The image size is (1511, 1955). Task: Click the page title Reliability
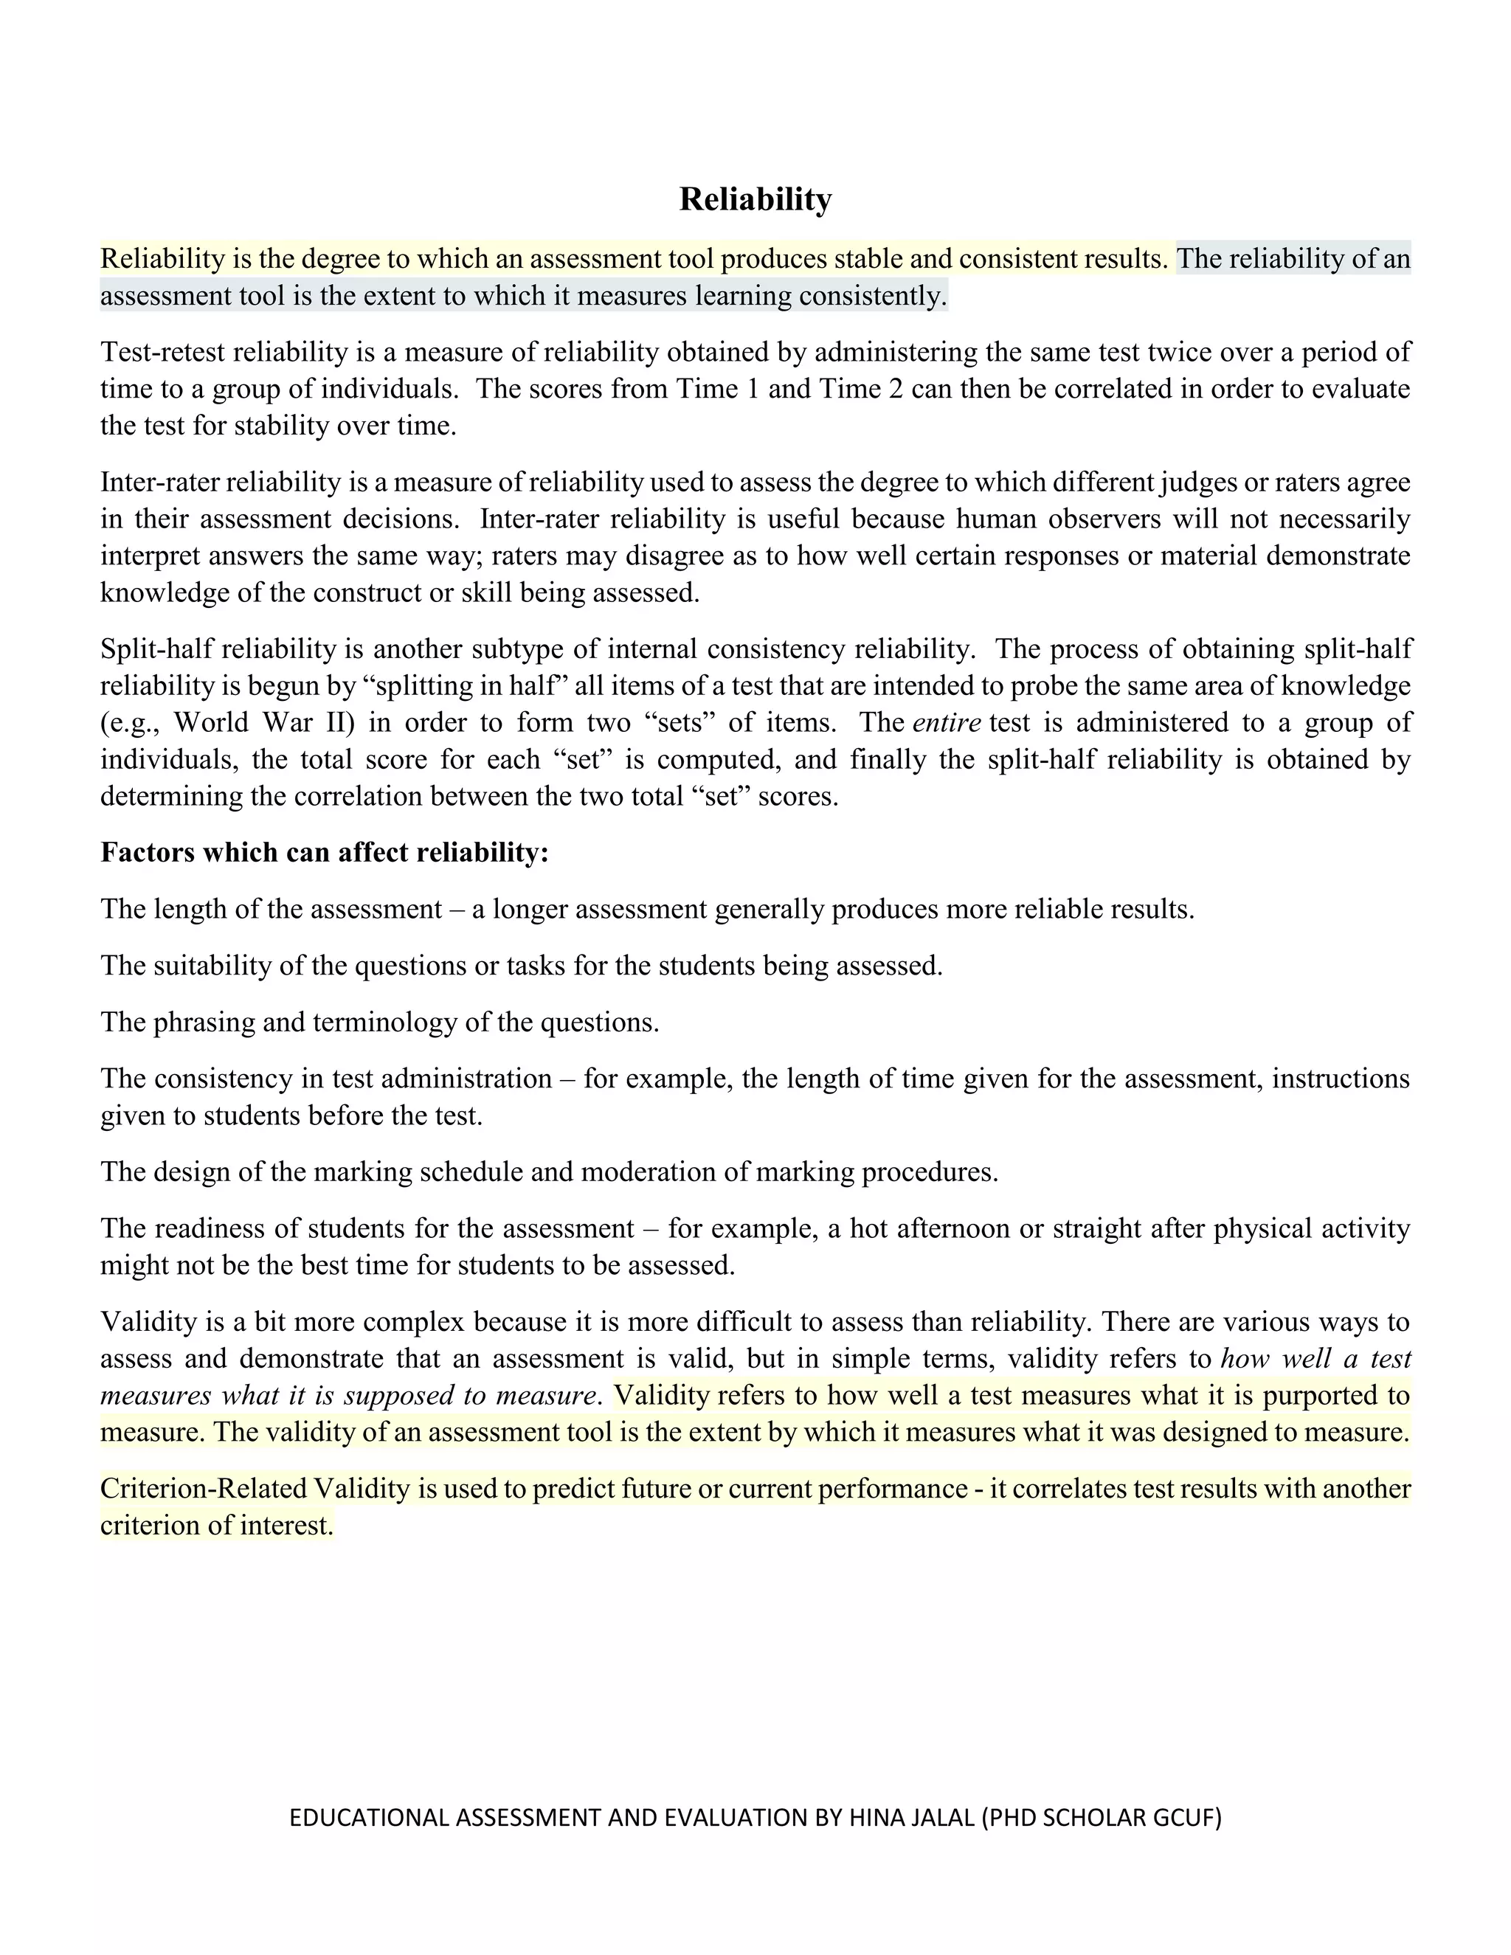coord(755,198)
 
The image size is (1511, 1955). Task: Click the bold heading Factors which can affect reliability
coord(324,852)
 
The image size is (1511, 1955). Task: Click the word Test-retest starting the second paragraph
coord(162,352)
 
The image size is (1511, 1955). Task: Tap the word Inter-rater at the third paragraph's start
coord(159,482)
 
